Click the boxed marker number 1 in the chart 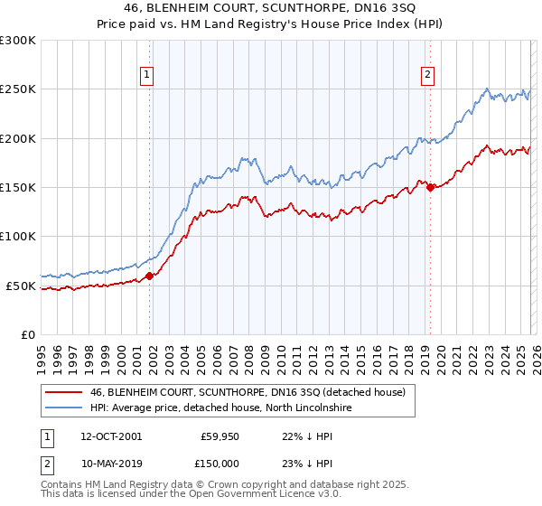coord(145,76)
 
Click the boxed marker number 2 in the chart coord(426,76)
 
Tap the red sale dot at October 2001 coord(150,276)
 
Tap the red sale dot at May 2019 coord(430,188)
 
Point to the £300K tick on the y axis coord(18,41)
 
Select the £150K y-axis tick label coord(18,188)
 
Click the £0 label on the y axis coord(27,335)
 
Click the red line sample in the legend coord(63,393)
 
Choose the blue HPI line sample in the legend coord(63,408)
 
